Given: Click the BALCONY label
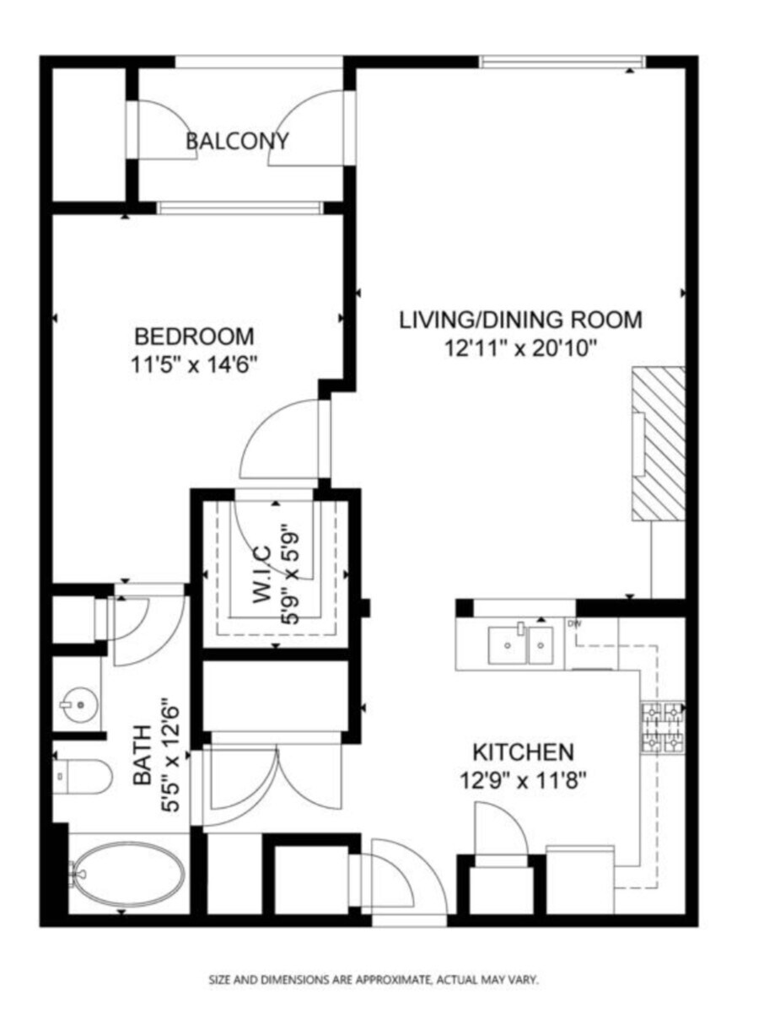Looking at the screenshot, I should (237, 141).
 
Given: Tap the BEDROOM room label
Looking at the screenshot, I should (194, 337).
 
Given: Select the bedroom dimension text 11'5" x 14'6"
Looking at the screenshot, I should (195, 365).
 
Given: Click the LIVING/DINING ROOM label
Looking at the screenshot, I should (520, 321).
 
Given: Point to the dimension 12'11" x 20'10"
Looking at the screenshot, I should (521, 347).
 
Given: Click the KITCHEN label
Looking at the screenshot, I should (523, 752).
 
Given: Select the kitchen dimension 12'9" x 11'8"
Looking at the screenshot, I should (523, 780).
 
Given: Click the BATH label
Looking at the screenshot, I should (143, 755).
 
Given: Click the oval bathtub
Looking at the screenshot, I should (127, 875).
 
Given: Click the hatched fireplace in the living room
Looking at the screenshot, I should (659, 443).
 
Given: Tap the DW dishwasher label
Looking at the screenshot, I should (575, 624).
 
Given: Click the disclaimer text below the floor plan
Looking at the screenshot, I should (374, 980).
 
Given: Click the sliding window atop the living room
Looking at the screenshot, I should (562, 62).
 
